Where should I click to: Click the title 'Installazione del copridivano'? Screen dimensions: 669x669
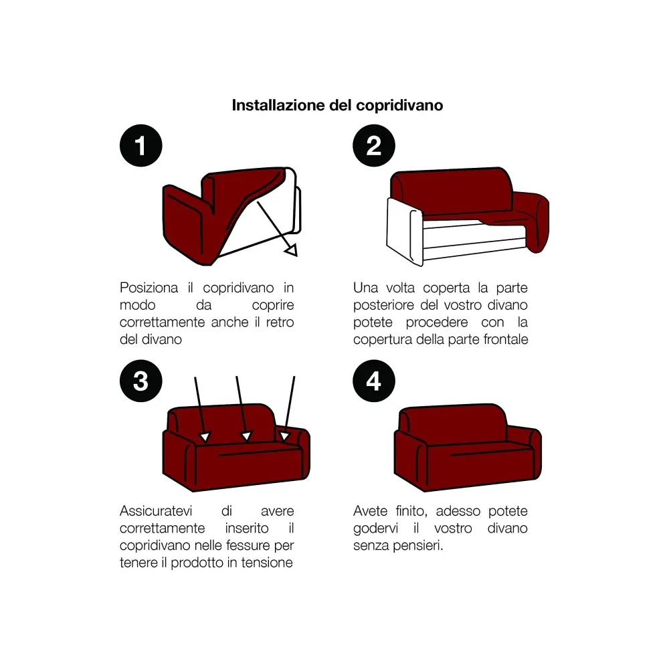(337, 106)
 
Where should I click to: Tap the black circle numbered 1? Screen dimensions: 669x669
(140, 146)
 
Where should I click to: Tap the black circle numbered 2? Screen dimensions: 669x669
(373, 146)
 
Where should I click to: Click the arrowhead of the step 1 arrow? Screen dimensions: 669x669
(290, 250)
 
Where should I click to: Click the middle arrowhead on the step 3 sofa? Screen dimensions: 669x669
(247, 436)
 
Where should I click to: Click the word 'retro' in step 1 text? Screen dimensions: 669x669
(278, 322)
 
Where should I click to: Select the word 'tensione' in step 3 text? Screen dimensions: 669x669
(267, 563)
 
